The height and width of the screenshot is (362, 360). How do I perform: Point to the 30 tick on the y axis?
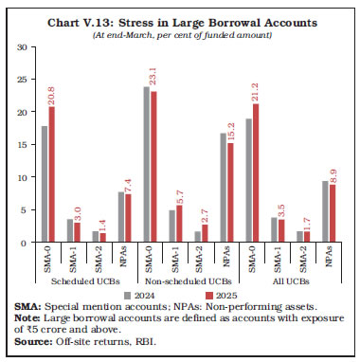pos(22,47)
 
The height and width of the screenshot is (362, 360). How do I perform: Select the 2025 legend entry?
pos(207,296)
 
